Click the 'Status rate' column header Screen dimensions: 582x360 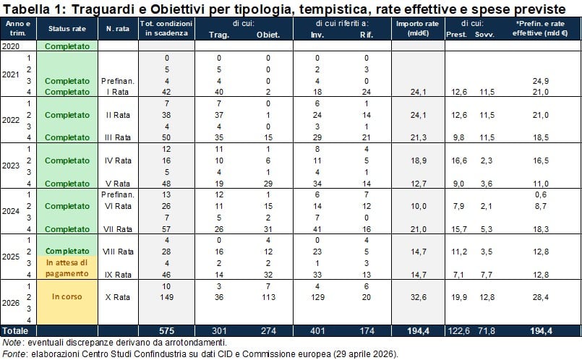pos(67,29)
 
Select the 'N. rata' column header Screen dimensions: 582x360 pos(118,29)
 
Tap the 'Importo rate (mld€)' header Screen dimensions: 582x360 pos(418,28)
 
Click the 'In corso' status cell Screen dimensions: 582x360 pos(67,296)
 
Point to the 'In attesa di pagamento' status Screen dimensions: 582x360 pos(67,268)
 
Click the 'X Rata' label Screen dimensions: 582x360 pos(118,297)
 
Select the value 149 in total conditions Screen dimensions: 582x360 pos(166,297)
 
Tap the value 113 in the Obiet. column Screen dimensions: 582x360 pos(268,297)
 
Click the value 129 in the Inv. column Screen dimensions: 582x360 pos(317,297)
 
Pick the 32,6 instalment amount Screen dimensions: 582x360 pos(419,297)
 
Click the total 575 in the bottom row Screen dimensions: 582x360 pos(166,330)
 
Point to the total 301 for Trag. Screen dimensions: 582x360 pos(219,330)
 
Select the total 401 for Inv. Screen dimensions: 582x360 pos(317,330)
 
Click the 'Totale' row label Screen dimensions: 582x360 pos(15,330)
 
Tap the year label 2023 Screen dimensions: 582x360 pos(10,166)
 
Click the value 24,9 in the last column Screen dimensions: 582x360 pos(541,81)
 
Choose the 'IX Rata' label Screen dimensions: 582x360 pos(118,275)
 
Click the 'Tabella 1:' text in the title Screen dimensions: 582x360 pos(34,9)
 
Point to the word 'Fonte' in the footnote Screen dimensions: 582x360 pos(14,354)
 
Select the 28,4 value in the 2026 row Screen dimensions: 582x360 pos(541,297)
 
